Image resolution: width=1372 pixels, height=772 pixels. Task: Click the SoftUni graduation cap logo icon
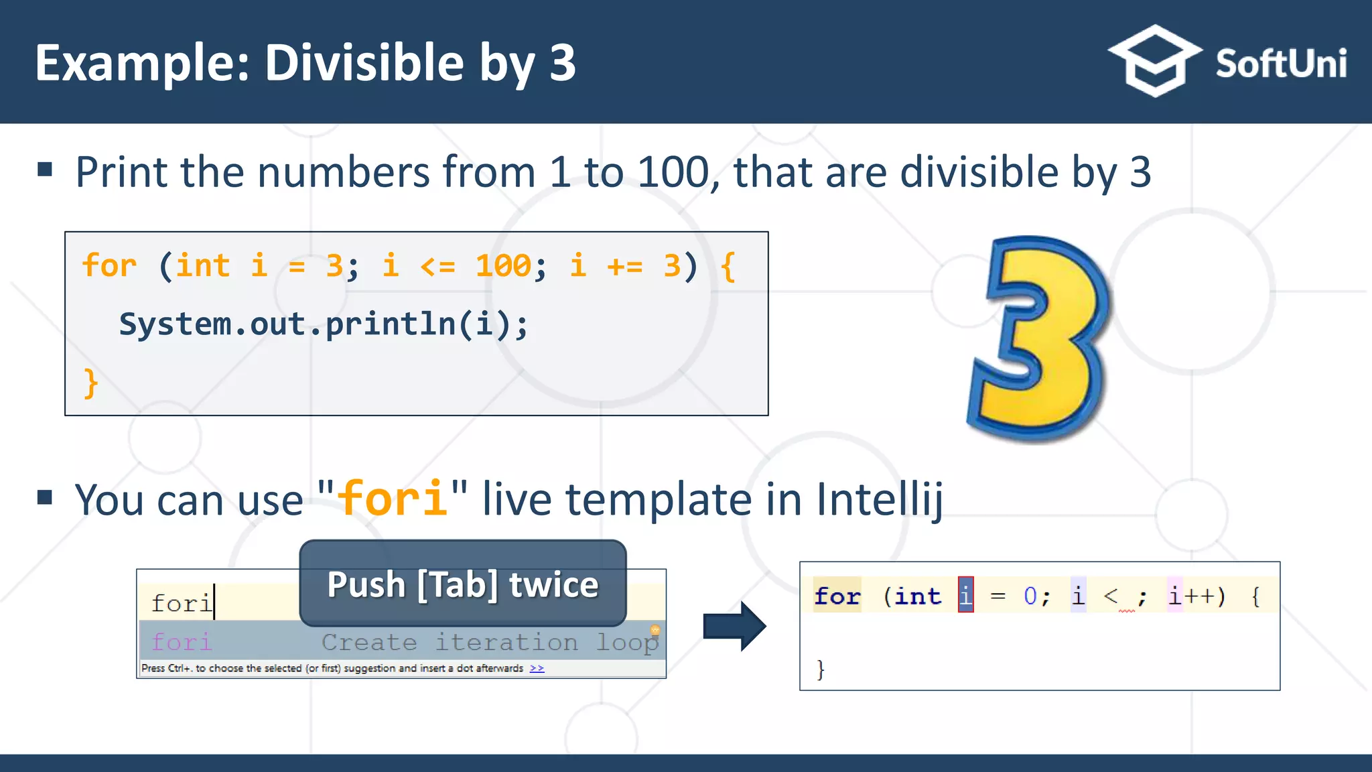pos(1154,62)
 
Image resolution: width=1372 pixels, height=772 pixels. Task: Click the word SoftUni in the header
pos(1281,64)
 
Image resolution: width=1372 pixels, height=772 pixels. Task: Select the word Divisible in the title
pos(364,63)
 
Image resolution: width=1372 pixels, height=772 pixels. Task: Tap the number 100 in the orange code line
pos(503,265)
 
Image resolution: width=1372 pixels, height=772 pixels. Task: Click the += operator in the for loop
pos(624,267)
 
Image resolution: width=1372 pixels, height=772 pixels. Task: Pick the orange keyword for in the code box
pos(109,265)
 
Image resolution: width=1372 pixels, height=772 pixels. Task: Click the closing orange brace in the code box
pos(90,383)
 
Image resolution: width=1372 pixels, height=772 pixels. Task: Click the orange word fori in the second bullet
pos(393,499)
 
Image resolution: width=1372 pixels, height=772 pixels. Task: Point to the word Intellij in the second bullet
pos(879,500)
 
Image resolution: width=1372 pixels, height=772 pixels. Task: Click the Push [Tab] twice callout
pos(462,584)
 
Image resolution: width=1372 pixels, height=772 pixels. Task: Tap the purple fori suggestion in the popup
pos(182,642)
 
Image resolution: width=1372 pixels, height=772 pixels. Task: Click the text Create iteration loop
pos(489,642)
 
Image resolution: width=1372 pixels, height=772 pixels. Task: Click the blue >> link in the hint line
pos(537,668)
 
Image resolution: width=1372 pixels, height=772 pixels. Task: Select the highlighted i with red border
pos(965,595)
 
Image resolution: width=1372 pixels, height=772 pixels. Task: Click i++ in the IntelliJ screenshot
pos(1196,596)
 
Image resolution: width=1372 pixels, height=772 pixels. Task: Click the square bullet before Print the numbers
pos(45,170)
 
